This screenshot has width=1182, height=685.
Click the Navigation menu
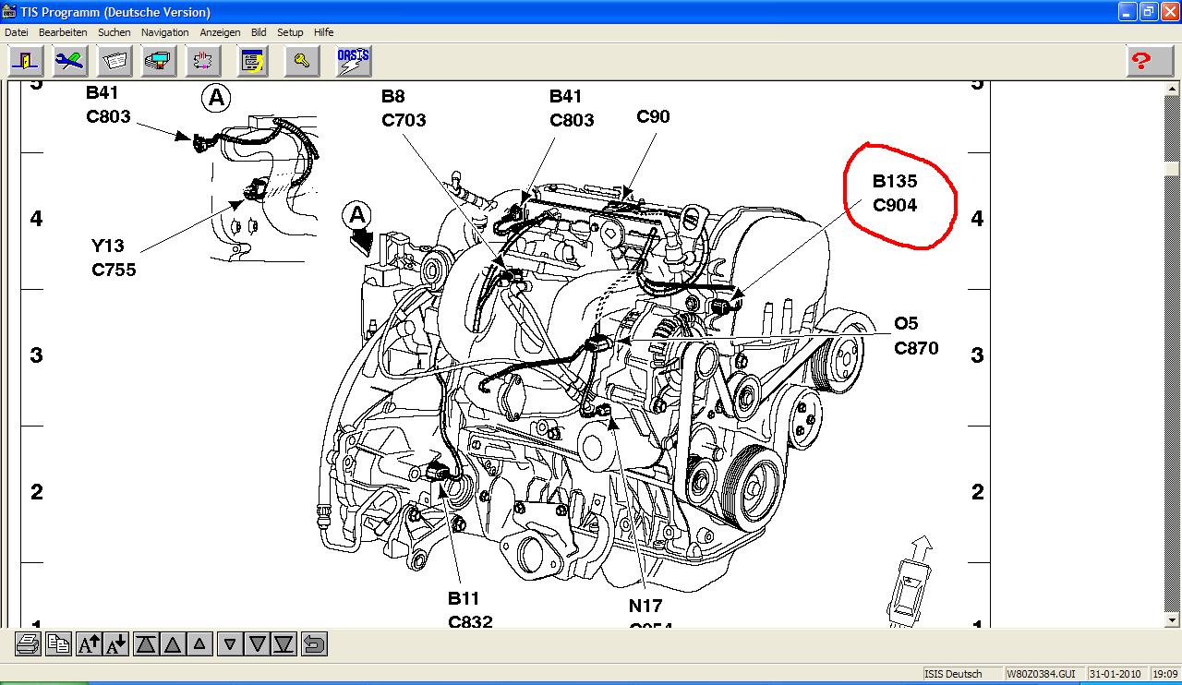coord(164,32)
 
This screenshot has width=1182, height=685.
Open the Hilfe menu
coord(323,32)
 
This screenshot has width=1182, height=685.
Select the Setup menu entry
coord(290,32)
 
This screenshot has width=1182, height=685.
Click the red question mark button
coord(1141,61)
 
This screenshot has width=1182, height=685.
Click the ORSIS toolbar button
coord(353,61)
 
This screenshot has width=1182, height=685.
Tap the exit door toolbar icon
coord(27,61)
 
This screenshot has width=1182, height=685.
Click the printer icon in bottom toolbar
coord(28,643)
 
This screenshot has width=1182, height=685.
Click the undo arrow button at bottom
coord(314,643)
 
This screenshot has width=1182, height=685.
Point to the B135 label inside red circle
coord(895,182)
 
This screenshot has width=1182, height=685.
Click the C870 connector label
coord(916,348)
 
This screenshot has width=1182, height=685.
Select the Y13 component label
coord(107,246)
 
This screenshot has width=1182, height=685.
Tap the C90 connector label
coord(653,117)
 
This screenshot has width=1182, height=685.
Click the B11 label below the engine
coord(464,598)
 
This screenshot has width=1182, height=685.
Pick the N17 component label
coord(645,606)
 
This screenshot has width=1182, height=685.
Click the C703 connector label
coord(404,120)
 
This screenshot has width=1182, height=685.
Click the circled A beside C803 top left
coord(216,98)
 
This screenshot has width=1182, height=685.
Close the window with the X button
coord(1168,12)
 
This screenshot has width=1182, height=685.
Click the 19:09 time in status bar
coord(1164,674)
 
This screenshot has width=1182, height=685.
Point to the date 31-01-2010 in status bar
coord(1116,674)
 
